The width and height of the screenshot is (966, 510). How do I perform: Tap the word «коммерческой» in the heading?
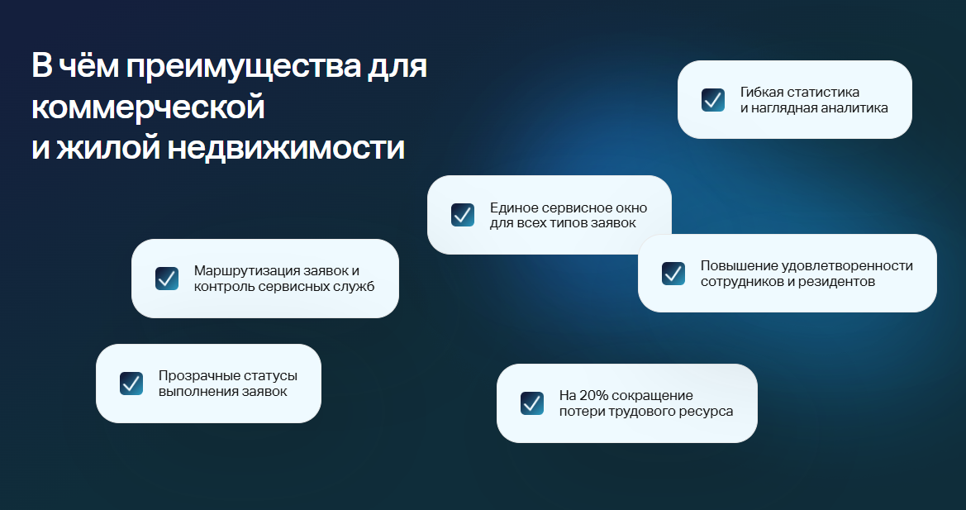pyautogui.click(x=149, y=107)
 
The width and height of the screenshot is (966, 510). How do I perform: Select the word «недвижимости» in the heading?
pyautogui.click(x=287, y=148)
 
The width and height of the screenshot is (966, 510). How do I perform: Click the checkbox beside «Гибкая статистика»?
pyautogui.click(x=713, y=100)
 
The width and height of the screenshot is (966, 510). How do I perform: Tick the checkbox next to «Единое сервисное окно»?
pyautogui.click(x=463, y=215)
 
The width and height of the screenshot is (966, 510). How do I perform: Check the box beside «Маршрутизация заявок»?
pyautogui.click(x=167, y=279)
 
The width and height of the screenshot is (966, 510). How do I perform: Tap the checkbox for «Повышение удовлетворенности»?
pyautogui.click(x=673, y=274)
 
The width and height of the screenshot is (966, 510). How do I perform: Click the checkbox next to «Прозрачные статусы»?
pyautogui.click(x=131, y=383)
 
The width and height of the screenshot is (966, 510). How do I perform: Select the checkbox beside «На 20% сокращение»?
pyautogui.click(x=532, y=403)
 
